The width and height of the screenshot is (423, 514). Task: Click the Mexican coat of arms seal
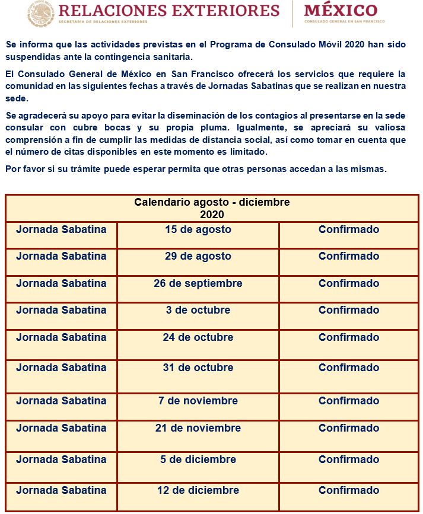pyautogui.click(x=41, y=14)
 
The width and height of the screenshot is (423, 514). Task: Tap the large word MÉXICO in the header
pyautogui.click(x=341, y=10)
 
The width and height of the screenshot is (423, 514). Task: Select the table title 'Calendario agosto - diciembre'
pyautogui.click(x=212, y=202)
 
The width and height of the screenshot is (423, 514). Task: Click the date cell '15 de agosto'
pyautogui.click(x=198, y=229)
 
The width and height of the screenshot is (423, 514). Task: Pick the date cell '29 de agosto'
pyautogui.click(x=198, y=256)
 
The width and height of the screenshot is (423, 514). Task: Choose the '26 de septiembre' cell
pyautogui.click(x=198, y=283)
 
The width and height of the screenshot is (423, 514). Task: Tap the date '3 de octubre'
pyautogui.click(x=198, y=310)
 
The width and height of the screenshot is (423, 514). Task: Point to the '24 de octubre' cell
pyautogui.click(x=198, y=337)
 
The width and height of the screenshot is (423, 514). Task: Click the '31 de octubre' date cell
pyautogui.click(x=198, y=368)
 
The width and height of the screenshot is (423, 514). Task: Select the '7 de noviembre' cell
pyautogui.click(x=198, y=401)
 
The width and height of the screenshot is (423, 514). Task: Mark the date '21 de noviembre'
pyautogui.click(x=198, y=428)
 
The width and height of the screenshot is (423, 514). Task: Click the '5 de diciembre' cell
pyautogui.click(x=198, y=459)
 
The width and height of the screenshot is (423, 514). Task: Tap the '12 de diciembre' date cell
pyautogui.click(x=198, y=490)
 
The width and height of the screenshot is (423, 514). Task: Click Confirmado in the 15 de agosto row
pyautogui.click(x=349, y=229)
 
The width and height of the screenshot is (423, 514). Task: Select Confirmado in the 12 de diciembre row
pyautogui.click(x=349, y=490)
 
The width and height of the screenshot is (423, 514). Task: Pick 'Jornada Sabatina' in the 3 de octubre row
pyautogui.click(x=61, y=310)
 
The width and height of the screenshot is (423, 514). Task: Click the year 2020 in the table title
pyautogui.click(x=212, y=215)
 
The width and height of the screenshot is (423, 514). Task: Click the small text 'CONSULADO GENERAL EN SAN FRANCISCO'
pyautogui.click(x=344, y=22)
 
